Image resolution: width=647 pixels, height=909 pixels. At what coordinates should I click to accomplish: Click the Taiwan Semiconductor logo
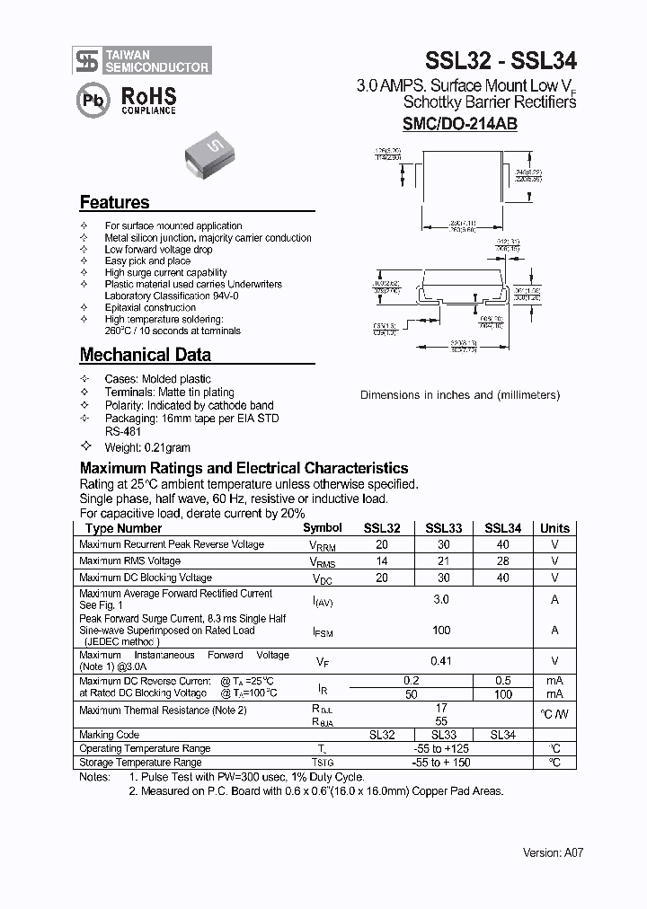pos(143,60)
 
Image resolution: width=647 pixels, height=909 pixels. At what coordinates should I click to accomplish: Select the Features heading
pos(115,202)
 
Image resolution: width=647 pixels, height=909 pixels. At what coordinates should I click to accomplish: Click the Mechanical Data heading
pos(146,355)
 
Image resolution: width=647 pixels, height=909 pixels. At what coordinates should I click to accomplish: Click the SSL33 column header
pos(443,528)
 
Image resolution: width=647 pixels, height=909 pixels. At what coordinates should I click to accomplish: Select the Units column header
pos(554,528)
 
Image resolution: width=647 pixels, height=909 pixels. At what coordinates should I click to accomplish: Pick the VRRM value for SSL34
pos(502,544)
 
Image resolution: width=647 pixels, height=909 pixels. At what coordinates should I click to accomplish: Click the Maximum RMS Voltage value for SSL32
pos(382,561)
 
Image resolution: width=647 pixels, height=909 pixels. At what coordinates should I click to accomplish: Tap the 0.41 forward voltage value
pos(441,661)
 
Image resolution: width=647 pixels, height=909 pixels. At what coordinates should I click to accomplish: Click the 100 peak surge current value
pos(441,631)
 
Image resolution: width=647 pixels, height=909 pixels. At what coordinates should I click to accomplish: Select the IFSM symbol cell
pos(323,632)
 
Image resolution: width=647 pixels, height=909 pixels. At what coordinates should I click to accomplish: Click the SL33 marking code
pos(443,735)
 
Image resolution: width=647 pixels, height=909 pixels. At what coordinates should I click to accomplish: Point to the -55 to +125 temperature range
pos(441,748)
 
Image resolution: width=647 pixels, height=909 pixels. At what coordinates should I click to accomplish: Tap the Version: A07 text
pos(554,852)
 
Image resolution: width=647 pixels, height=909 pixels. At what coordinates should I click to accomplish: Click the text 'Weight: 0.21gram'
pos(147,447)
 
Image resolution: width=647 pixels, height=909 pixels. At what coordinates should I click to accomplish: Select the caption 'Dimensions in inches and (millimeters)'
pos(460,395)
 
